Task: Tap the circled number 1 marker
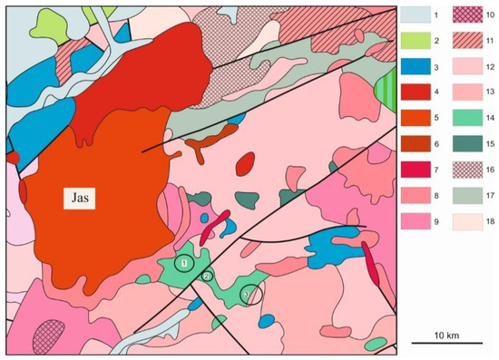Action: (x=185, y=264)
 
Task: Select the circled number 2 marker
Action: (x=207, y=276)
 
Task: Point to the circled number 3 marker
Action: (x=245, y=295)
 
